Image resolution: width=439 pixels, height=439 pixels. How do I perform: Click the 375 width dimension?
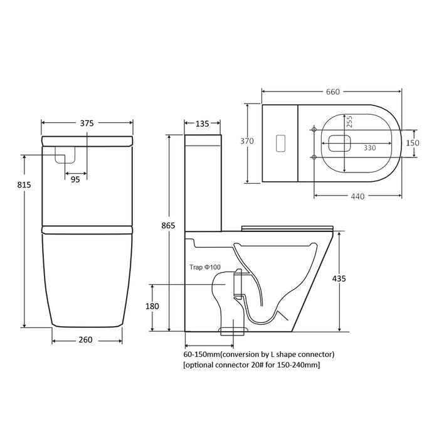(87, 124)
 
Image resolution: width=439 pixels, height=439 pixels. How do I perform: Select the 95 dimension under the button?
(75, 179)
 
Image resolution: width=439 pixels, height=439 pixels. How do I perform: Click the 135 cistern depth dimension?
(202, 124)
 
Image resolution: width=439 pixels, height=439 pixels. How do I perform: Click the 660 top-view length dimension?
(332, 92)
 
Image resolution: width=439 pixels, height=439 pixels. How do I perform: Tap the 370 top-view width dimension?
(248, 141)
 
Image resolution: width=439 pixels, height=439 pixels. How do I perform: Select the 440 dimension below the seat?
(357, 196)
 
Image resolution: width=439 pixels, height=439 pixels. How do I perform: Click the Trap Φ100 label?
(204, 267)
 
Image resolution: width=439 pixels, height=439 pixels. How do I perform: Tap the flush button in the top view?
(281, 142)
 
